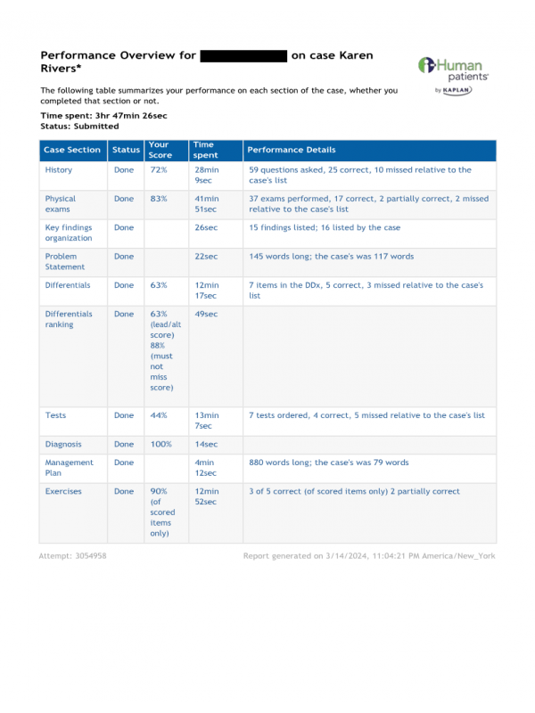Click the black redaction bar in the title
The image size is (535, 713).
[243, 55]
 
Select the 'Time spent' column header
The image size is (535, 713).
[204, 150]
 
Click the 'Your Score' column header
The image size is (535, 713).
[159, 150]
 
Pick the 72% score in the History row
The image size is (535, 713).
[158, 169]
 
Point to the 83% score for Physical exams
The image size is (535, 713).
[158, 199]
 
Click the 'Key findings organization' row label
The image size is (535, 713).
[69, 233]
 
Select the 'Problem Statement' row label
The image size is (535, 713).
[65, 261]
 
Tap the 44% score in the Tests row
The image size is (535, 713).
[158, 415]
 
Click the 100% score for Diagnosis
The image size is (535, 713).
[160, 444]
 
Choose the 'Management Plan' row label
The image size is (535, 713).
[69, 468]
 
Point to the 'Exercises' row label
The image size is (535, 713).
[63, 491]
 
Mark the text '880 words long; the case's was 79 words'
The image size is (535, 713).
[328, 463]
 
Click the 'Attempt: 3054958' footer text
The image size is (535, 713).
[72, 555]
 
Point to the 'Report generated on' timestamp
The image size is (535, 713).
[369, 555]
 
